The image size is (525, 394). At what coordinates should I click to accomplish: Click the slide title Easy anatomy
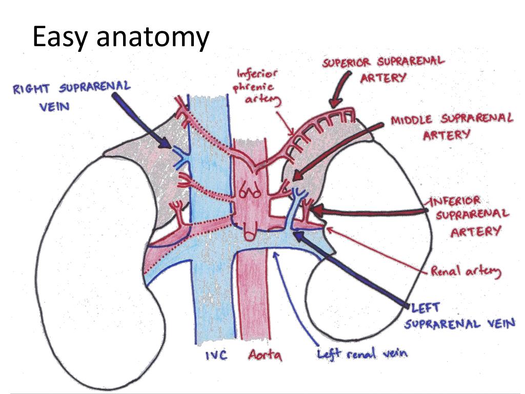coord(121,37)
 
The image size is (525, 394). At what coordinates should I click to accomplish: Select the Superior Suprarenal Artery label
coord(383,70)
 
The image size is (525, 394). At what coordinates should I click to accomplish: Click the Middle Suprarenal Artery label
coord(452,127)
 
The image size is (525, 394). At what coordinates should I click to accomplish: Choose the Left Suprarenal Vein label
coord(459,316)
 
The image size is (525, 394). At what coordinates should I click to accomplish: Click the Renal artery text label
coord(466,271)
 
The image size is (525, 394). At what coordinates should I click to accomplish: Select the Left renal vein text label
coord(362,353)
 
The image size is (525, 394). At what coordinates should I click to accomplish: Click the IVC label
coord(216,355)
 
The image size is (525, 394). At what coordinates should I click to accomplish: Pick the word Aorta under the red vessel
coord(265,355)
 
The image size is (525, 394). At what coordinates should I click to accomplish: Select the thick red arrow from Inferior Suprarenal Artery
coord(368,210)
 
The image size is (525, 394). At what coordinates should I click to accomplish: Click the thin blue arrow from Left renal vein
coord(295,298)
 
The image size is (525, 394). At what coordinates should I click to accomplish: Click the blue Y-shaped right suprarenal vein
coord(181,157)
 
